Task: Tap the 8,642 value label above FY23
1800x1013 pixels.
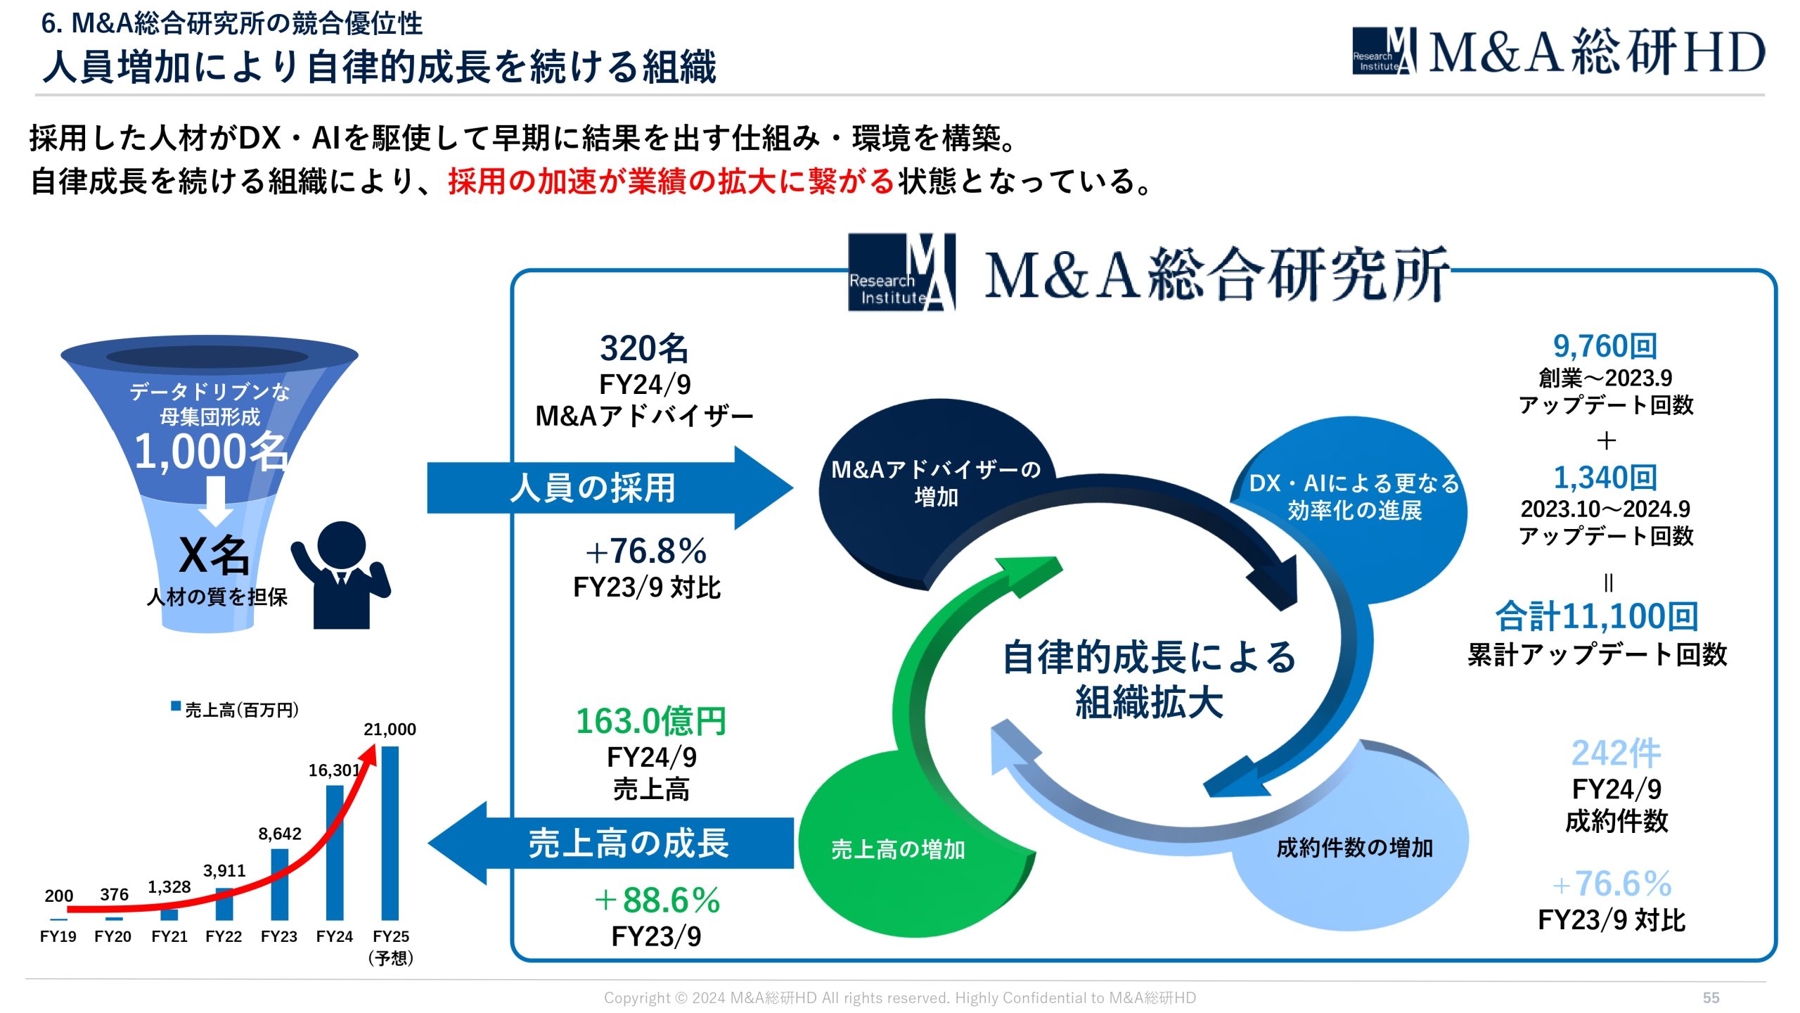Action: click(x=280, y=834)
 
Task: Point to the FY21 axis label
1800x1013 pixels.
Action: click(x=169, y=936)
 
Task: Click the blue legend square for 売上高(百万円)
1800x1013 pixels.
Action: click(x=176, y=706)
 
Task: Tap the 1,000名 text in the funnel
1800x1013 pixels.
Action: click(x=210, y=451)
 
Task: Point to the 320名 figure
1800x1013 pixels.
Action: click(x=644, y=348)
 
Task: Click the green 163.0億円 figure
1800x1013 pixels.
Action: click(x=651, y=721)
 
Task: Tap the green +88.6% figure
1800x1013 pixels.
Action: click(x=657, y=900)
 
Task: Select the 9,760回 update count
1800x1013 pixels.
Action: click(x=1605, y=346)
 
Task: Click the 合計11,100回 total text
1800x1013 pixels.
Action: click(x=1597, y=616)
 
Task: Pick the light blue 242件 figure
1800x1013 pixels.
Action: click(x=1616, y=753)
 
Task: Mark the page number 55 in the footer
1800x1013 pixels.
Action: click(x=1711, y=998)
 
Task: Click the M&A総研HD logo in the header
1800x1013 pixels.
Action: click(x=1557, y=51)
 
